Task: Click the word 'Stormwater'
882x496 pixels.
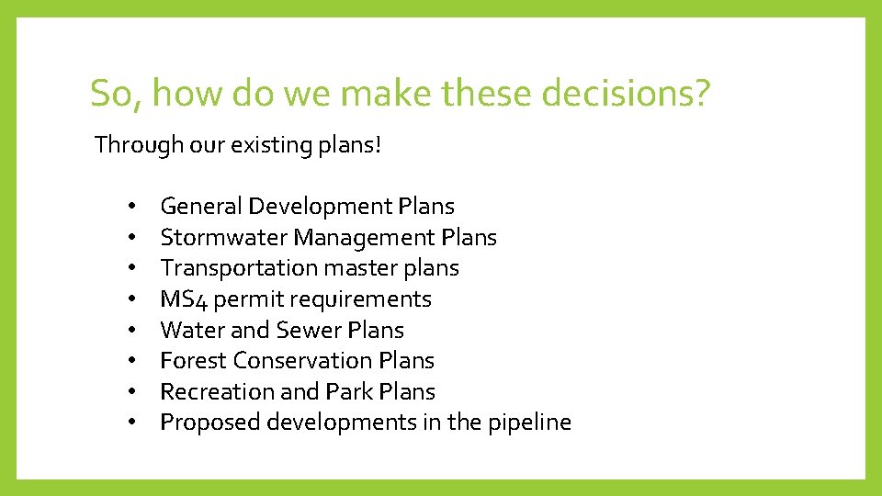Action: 223,238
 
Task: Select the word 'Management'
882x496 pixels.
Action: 364,238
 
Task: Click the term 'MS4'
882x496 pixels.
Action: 181,299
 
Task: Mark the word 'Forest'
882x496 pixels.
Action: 193,361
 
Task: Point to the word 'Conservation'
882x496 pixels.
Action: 301,361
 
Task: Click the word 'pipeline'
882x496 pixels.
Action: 532,423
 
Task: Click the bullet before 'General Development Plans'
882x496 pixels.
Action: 132,207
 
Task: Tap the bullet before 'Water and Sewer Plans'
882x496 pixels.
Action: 132,330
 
